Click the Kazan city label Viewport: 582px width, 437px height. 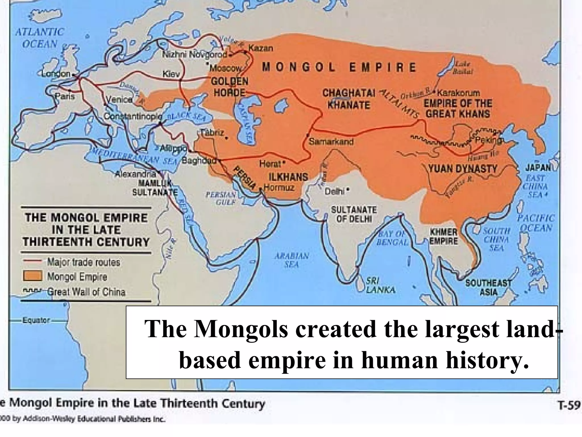click(261, 48)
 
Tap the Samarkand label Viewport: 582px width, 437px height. click(331, 141)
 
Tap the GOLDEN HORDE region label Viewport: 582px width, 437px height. click(229, 87)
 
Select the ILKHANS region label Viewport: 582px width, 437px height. click(288, 177)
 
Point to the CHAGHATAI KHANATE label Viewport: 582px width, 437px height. click(349, 99)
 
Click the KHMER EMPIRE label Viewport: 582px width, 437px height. click(443, 236)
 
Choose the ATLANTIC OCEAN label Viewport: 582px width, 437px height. click(40, 38)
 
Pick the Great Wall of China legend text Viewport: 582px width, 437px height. click(86, 292)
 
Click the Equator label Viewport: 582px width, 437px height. click(36, 320)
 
